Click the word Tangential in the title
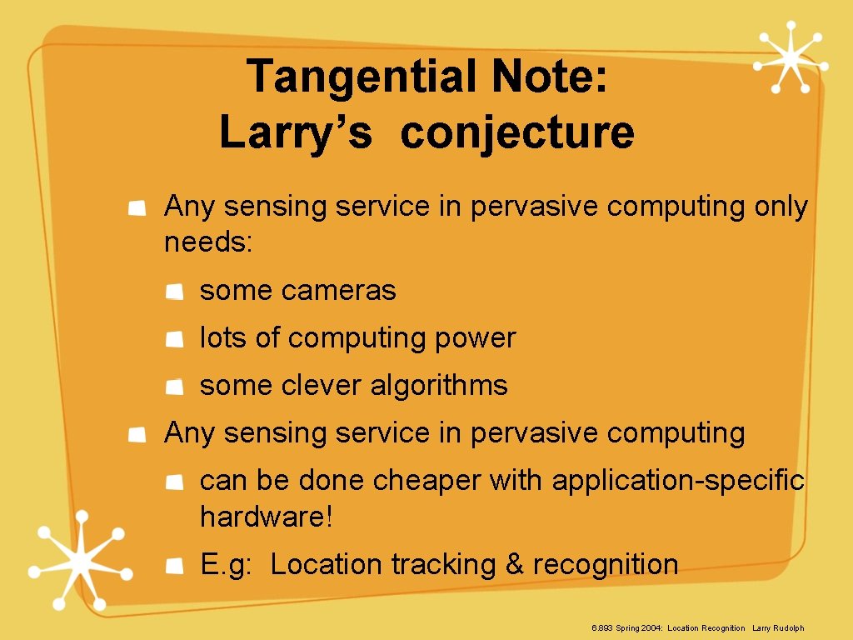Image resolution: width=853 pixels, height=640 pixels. (x=362, y=77)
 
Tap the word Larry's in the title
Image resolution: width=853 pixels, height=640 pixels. (x=295, y=133)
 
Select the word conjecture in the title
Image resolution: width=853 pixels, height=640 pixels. (x=517, y=133)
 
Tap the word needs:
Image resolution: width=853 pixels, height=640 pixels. (x=208, y=243)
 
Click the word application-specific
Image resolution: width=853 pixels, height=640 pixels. (x=678, y=481)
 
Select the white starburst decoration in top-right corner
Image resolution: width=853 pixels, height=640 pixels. (x=790, y=57)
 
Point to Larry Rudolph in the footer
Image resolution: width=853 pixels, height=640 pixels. (x=778, y=627)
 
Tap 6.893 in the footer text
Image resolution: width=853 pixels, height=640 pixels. (x=601, y=627)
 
